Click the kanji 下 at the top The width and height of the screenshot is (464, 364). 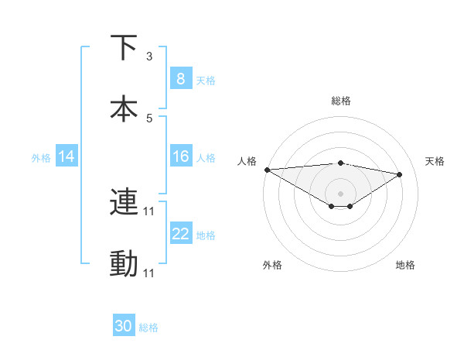point(124,48)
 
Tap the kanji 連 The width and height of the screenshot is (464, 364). point(124,202)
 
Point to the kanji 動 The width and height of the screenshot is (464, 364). point(124,264)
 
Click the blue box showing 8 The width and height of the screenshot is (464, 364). point(180,78)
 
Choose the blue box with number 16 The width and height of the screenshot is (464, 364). point(180,156)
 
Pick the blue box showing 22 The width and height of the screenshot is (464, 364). point(180,234)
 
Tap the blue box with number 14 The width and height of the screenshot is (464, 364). point(66,156)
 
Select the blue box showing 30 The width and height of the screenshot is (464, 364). point(124,326)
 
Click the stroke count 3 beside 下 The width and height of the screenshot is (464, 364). point(149,56)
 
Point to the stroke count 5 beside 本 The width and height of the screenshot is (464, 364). point(149,118)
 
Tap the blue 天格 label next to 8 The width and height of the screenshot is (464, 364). point(206,80)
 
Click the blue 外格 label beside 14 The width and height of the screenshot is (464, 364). point(40,157)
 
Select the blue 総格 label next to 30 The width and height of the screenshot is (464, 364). point(148,328)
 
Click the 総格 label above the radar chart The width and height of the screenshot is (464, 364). point(341,101)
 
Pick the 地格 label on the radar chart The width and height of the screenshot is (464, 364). point(405,265)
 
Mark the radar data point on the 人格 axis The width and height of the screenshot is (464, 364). point(267,170)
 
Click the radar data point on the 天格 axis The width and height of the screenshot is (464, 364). point(400,174)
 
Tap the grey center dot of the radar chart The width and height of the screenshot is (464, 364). point(341,193)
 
